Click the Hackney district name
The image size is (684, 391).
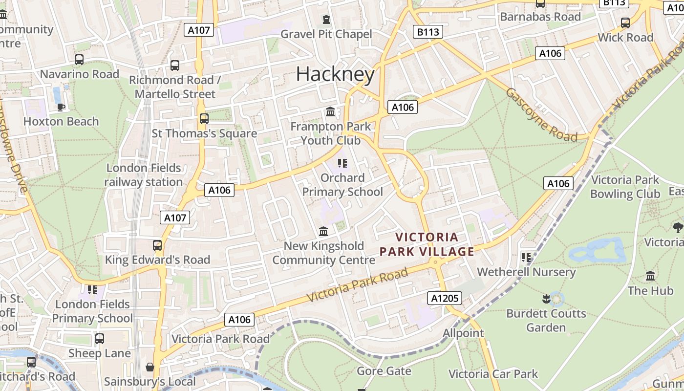335,74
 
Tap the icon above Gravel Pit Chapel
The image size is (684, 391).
326,20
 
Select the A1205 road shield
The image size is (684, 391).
444,298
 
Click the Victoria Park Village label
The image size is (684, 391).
427,244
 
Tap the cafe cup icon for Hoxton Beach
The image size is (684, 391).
61,107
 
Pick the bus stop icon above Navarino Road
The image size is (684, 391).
79,60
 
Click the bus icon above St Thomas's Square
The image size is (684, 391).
204,118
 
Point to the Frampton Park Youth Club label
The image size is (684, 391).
331,133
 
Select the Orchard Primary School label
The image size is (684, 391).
342,185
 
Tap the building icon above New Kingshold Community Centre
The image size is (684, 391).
323,231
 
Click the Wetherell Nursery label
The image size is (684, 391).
526,272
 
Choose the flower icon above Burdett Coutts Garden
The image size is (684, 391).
546,298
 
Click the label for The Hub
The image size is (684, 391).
650,290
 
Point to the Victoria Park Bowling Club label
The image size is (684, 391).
625,187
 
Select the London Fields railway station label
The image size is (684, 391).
144,175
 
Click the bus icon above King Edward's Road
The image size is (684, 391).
157,245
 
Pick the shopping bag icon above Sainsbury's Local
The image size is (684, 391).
150,367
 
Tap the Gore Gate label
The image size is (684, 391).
384,371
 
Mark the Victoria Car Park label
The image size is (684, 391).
493,374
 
